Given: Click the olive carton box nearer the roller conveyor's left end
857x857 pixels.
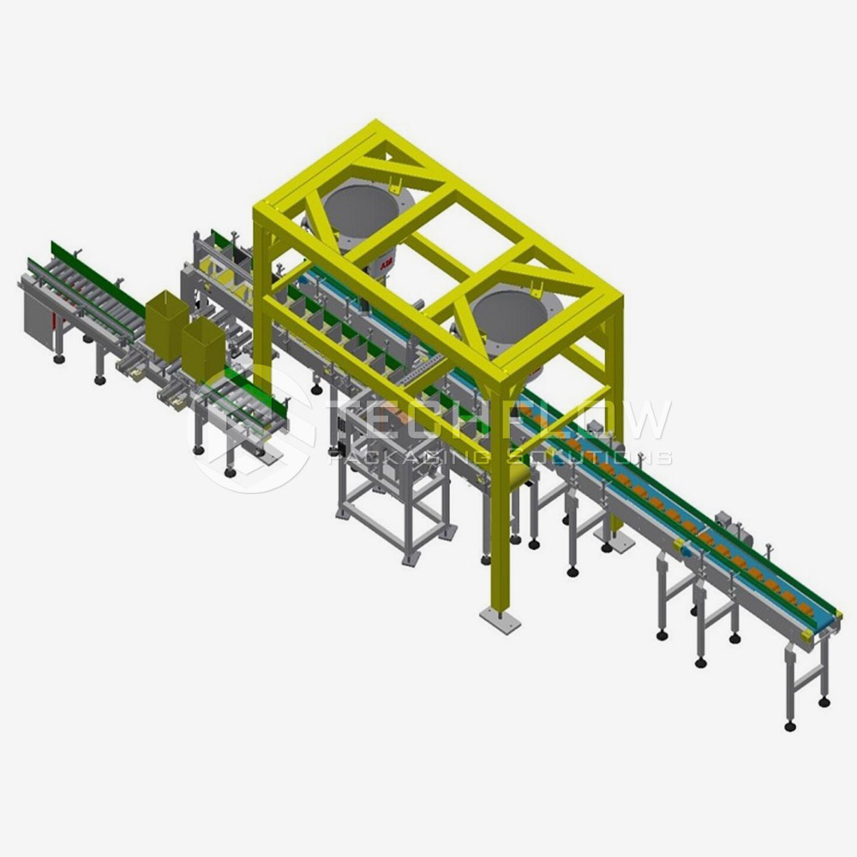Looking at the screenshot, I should (165, 324).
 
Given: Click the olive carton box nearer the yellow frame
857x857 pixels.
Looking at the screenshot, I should (202, 349).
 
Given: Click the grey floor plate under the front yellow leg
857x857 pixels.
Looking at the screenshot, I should (499, 620).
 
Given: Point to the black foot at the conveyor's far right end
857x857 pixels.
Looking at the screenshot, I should (789, 726).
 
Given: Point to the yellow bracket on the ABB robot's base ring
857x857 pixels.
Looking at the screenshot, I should (393, 183).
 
